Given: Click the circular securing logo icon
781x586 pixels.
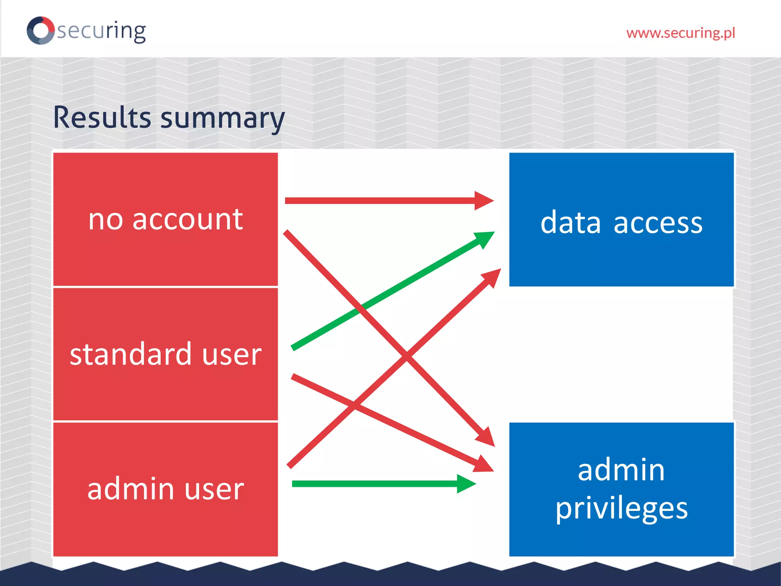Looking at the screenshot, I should [40, 30].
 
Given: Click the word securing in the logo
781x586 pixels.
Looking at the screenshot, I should [101, 31].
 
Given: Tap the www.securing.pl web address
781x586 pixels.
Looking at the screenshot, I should [680, 33].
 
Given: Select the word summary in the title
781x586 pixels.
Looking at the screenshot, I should [222, 119].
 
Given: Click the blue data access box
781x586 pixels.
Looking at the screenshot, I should [621, 252].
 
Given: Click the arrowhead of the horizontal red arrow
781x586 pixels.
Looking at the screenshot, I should [484, 201].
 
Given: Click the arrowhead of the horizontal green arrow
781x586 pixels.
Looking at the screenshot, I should [466, 484].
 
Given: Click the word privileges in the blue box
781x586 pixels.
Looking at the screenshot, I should [621, 509].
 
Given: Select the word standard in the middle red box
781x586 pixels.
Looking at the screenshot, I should [130, 354].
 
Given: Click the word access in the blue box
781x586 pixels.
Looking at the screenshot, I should [658, 223].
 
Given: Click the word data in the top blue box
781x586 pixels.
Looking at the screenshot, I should [570, 223].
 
